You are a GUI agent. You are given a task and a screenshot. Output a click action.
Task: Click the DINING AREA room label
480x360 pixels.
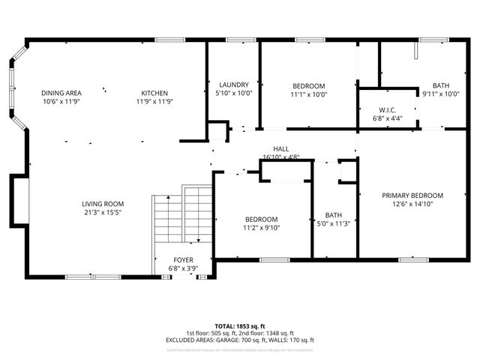(61, 93)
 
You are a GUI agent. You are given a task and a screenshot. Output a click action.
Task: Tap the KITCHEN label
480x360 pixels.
(154, 93)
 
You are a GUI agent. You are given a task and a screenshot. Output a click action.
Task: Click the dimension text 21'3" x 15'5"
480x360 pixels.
(103, 213)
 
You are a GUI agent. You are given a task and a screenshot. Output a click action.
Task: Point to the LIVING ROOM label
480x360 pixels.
(103, 204)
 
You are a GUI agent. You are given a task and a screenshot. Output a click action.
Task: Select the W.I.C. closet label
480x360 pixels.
(386, 110)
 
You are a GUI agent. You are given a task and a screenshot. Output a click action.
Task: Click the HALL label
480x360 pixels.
(281, 149)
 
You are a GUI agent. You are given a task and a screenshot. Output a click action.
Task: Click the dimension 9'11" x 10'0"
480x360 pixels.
(439, 94)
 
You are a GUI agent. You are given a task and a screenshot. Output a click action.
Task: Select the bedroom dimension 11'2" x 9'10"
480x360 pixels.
(260, 227)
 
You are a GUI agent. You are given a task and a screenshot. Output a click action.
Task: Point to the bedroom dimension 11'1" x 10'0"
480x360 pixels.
(308, 94)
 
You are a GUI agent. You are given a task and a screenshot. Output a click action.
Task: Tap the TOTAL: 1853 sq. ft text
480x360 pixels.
(239, 326)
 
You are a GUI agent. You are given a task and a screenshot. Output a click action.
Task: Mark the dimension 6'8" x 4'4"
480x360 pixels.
(386, 118)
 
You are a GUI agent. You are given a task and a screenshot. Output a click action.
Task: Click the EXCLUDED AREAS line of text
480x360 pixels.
(239, 340)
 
